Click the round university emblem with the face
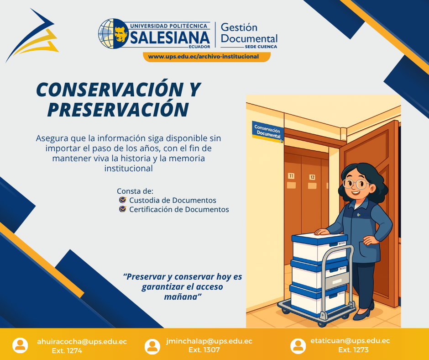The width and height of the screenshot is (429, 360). click(112, 33)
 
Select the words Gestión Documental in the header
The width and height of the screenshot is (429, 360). click(249, 33)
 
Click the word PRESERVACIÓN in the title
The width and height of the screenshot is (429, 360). click(118, 109)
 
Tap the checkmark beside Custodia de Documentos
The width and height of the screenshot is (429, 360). click(122, 200)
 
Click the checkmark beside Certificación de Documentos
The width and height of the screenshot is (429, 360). click(122, 209)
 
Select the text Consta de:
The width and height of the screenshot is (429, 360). click(135, 191)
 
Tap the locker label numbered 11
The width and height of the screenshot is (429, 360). click(291, 176)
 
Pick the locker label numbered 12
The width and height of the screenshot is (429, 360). click(312, 177)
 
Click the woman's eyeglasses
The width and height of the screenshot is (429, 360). click(356, 184)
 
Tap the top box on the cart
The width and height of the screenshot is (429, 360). click(319, 247)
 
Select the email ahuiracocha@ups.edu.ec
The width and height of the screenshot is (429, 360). click(82, 341)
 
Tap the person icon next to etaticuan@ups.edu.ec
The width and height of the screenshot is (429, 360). click(298, 346)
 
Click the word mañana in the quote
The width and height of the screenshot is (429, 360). click(182, 296)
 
